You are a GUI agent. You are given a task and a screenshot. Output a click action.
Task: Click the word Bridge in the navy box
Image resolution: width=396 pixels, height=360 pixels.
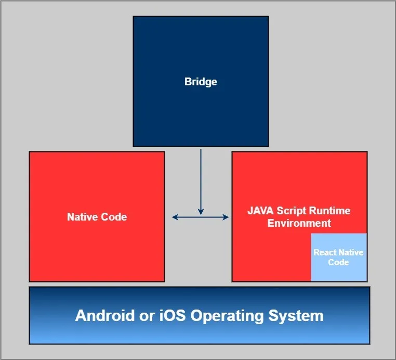201,82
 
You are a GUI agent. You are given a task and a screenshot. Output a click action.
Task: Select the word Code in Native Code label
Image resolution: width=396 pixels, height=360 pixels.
114,217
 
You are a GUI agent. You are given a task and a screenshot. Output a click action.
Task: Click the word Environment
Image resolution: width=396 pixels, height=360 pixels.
299,223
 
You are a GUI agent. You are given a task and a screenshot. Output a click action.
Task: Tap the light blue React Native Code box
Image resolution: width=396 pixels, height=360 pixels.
338,257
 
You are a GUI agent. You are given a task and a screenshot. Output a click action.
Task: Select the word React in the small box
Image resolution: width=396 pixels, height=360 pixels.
325,252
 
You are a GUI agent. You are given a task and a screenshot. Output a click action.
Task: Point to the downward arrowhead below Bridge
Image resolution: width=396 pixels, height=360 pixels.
201,212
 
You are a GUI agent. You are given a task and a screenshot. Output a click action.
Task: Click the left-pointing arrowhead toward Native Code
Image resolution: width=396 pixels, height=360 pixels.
175,217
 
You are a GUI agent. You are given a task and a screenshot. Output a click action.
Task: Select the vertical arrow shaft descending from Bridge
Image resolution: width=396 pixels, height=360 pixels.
201,177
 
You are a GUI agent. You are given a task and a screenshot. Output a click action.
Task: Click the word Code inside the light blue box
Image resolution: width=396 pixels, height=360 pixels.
338,262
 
